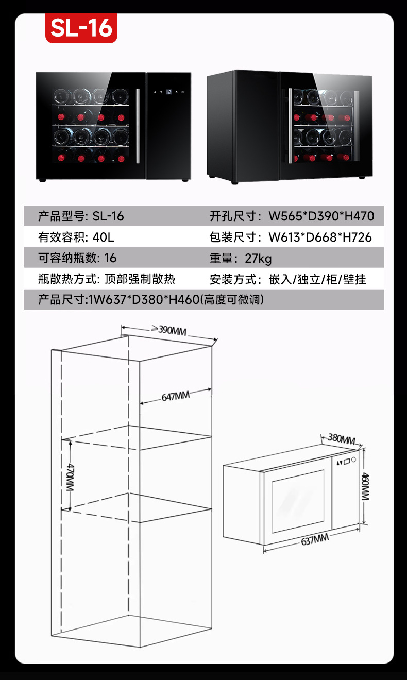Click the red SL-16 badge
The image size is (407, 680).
[81, 28]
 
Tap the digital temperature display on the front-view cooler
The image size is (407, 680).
[169, 91]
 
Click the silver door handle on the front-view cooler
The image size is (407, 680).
[138, 126]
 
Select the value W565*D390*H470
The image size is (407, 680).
[321, 216]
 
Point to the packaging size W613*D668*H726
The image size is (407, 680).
[320, 237]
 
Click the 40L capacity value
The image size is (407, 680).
[103, 237]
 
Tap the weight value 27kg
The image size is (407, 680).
[258, 258]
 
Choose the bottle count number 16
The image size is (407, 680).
[110, 258]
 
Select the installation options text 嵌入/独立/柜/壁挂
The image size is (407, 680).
[317, 279]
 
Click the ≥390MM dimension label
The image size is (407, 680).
[169, 330]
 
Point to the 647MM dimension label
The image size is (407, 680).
[176, 396]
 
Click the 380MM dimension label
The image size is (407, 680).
[341, 439]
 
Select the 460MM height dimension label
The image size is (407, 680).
[365, 486]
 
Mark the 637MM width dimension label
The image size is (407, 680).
[315, 539]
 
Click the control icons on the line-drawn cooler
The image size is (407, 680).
[346, 461]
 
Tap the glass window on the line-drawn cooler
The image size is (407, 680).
[298, 501]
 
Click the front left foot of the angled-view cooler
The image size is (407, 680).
[234, 182]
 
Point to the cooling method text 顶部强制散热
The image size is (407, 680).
[140, 279]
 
